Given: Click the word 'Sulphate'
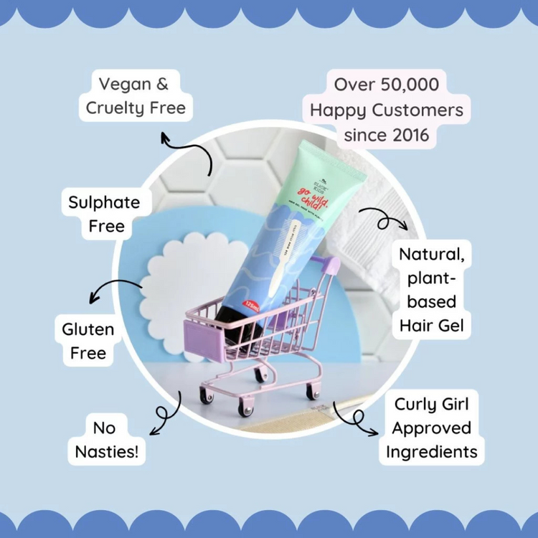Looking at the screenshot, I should point(104,202).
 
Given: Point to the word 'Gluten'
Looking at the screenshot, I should point(88,330).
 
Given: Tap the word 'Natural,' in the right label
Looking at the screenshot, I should point(431,255).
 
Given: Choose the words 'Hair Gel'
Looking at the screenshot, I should point(431,326).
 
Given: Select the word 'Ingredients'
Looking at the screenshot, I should point(431,452).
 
